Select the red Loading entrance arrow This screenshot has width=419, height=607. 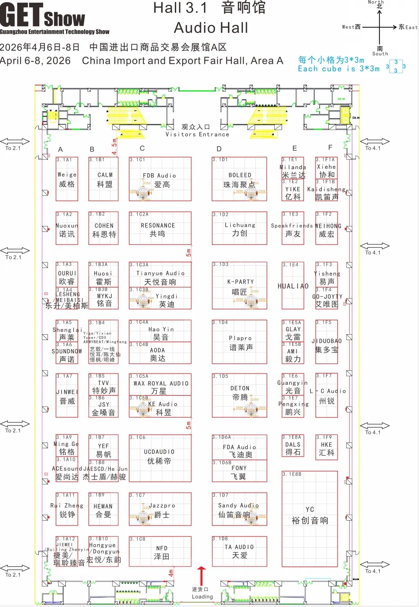click(x=201, y=575)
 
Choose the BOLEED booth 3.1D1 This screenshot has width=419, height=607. click(x=239, y=179)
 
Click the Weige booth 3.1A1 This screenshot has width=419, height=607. click(x=67, y=179)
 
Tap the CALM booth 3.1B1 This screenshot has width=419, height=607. click(x=104, y=179)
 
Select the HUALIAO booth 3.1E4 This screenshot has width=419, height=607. click(x=293, y=286)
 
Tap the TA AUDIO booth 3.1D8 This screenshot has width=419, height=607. click(x=239, y=552)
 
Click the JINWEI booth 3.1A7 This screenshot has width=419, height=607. click(x=67, y=395)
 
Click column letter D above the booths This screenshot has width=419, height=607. click(x=219, y=149)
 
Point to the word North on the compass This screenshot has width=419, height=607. click(x=375, y=2)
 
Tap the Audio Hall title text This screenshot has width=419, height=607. click(x=211, y=28)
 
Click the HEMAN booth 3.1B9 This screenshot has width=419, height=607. click(x=104, y=509)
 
